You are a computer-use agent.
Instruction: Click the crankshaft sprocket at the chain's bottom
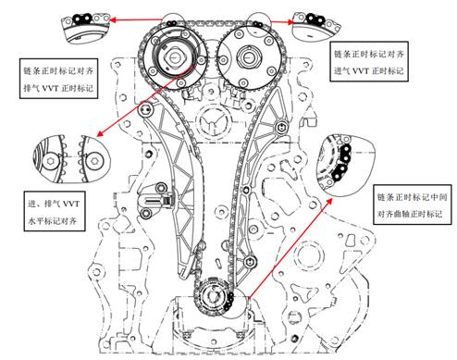[213, 297]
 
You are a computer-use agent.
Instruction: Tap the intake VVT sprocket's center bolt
[247, 56]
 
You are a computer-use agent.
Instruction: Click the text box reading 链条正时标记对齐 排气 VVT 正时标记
[58, 79]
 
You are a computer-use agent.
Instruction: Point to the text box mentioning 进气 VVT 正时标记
[369, 61]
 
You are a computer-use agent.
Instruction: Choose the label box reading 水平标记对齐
[55, 211]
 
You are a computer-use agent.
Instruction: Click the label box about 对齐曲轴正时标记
[412, 205]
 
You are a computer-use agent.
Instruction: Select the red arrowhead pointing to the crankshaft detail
[329, 202]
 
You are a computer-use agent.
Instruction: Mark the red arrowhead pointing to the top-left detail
[113, 20]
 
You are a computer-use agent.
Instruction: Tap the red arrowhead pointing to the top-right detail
[290, 21]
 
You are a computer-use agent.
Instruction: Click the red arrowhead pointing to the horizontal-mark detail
[100, 133]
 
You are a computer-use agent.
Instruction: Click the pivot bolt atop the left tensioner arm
[147, 109]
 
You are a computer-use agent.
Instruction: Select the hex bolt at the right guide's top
[281, 127]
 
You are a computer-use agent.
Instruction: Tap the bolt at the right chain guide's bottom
[250, 262]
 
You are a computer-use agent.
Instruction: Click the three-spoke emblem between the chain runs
[212, 121]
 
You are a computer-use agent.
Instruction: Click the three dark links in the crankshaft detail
[343, 163]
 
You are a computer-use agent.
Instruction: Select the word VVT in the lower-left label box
[70, 204]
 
